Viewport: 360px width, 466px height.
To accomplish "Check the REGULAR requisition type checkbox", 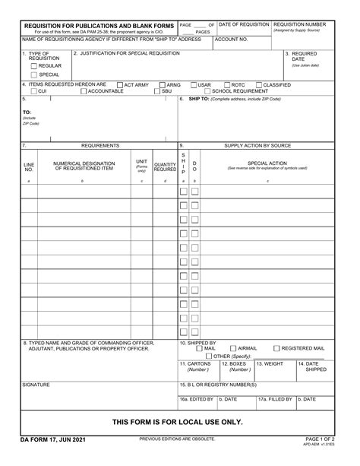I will coord(33,65).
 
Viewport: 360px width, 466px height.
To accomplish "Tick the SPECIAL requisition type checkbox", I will coord(33,74).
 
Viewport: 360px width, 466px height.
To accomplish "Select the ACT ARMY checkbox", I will coord(119,84).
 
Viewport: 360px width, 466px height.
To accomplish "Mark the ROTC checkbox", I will coord(226,84).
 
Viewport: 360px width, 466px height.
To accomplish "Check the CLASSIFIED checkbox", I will coord(259,84).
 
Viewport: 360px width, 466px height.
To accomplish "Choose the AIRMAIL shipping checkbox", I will coord(232,348).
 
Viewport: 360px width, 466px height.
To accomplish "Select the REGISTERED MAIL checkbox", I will coord(276,348).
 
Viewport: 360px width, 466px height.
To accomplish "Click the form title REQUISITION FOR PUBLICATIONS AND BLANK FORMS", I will coord(99,25).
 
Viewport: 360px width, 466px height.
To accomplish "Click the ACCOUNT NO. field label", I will coord(232,39).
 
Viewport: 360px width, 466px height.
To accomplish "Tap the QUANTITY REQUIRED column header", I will coord(165,166).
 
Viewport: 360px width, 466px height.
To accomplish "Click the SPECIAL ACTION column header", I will coord(267,163).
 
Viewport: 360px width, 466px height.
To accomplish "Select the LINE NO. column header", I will coord(29,166).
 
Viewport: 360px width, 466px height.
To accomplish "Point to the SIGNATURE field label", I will coord(36,385).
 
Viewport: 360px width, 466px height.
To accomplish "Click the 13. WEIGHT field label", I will coord(270,364).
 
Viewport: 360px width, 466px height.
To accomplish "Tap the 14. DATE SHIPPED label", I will coord(312,366).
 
